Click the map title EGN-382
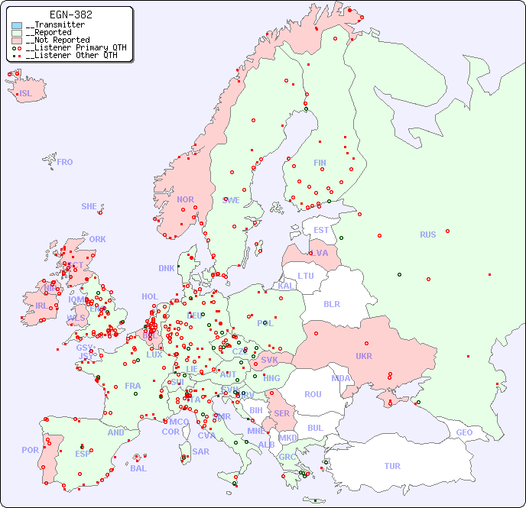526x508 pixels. pos(70,15)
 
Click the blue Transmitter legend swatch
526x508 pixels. pos(17,25)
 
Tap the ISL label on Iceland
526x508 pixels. pos(26,94)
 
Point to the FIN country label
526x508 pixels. pos(320,163)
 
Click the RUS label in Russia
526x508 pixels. pos(427,235)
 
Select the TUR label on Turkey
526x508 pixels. pos(392,466)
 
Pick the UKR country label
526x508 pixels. pos(364,356)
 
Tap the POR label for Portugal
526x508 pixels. pos(30,450)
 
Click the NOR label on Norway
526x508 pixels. pos(185,199)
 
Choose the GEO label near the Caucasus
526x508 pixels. pos(464,432)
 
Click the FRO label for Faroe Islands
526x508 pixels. pos(65,162)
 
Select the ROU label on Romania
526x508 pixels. pos(313,394)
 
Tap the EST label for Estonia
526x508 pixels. pos(321,230)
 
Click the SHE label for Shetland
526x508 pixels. pos(89,206)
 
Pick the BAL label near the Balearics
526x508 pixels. pos(138,468)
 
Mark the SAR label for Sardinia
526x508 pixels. pos(201,451)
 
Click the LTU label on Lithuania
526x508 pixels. pos(306,276)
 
